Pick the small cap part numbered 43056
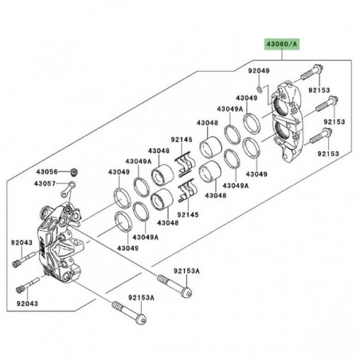[x=73, y=171]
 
